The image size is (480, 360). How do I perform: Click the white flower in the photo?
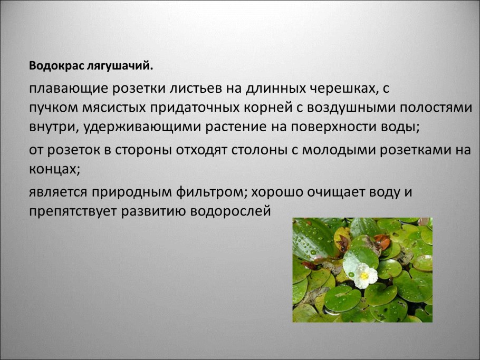pyautogui.click(x=361, y=270)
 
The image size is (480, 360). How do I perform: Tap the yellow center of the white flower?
pyautogui.click(x=364, y=275)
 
